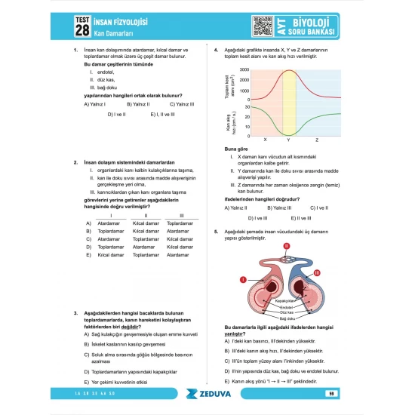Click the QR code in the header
pos(262,26)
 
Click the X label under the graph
pos(265,140)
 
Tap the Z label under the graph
pos(316,140)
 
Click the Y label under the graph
pos(289,140)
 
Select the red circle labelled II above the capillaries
pos(286,246)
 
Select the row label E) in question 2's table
pos(88,255)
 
